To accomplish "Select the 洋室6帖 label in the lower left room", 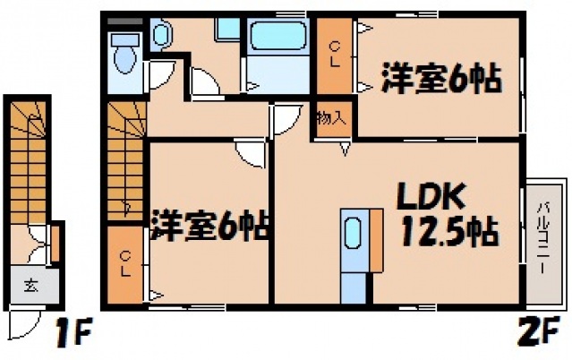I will click(x=211, y=224).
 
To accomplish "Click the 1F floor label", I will click(x=73, y=335).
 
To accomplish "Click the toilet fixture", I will click(x=123, y=56).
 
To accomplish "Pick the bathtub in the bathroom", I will click(x=277, y=38).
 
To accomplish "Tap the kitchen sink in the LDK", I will click(x=354, y=236).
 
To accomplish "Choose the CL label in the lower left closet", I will click(x=127, y=264).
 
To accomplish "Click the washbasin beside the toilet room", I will click(x=162, y=36).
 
